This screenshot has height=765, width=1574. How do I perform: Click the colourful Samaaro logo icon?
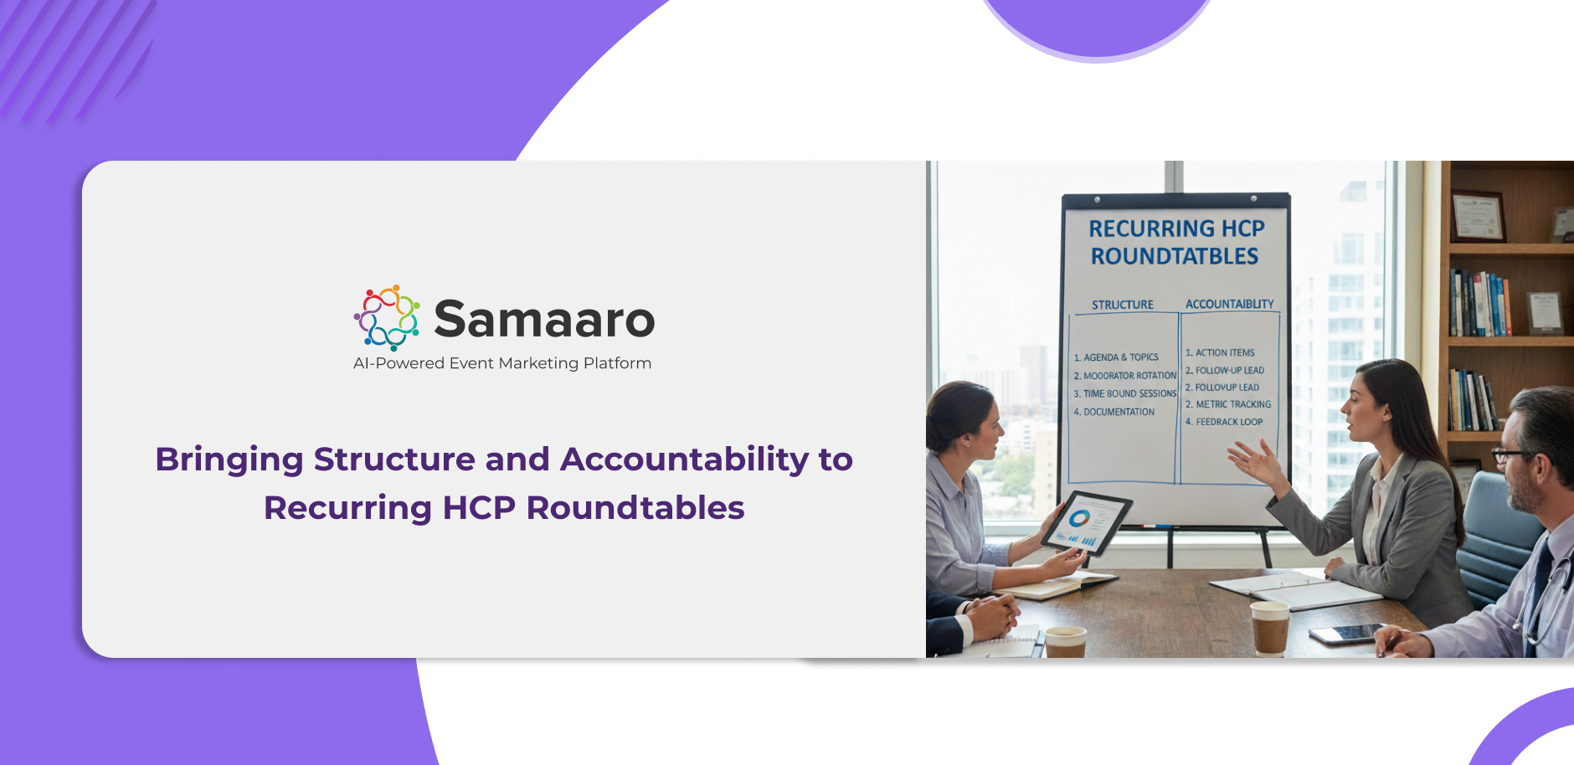point(387,317)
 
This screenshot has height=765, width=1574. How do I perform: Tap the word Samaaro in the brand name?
point(544,319)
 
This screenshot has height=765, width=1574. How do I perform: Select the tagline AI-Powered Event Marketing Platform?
point(502,363)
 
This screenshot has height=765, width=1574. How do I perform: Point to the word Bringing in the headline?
point(229,460)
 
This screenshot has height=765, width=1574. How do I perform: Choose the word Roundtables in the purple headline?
point(635,508)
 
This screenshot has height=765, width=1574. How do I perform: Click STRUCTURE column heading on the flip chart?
point(1123,305)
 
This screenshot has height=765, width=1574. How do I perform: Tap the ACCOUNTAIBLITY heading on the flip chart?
point(1230,304)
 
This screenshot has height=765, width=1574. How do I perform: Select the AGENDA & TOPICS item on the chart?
point(1116,357)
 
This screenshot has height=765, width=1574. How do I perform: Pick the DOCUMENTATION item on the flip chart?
point(1114,412)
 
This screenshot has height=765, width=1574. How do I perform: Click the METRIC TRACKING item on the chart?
point(1228,404)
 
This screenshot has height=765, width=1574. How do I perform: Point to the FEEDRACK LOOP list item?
point(1224,422)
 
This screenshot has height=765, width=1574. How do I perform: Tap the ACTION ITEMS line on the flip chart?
point(1220,353)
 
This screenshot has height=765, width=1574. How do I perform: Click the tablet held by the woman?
point(1086,523)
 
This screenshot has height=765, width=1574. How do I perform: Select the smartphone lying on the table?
point(1346,634)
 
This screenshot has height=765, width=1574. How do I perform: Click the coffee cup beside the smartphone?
point(1270,628)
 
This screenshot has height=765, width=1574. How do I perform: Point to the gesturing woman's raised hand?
point(1255,462)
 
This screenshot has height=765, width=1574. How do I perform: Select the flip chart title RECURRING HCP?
point(1176,228)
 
